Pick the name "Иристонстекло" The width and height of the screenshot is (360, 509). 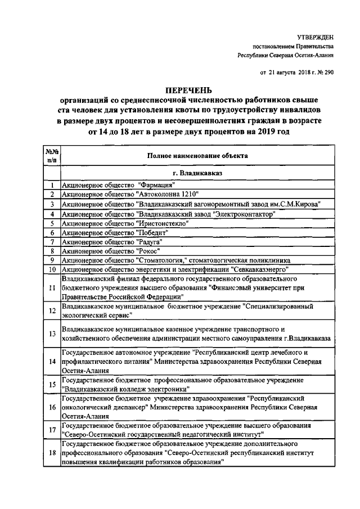pyautogui.click(x=162, y=223)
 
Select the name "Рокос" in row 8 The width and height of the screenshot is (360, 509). pyautogui.click(x=148, y=251)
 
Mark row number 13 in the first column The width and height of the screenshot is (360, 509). pyautogui.click(x=52, y=334)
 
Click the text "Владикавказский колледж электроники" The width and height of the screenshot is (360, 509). pyautogui.click(x=126, y=389)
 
